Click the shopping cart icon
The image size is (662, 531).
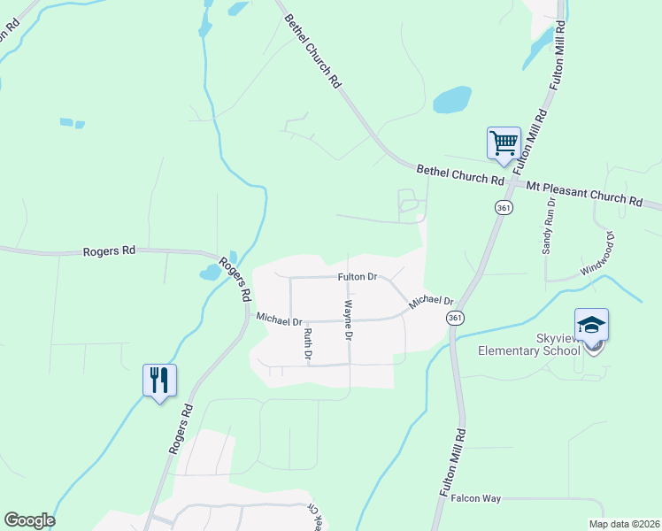(x=504, y=142)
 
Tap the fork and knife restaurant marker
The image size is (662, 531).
(x=159, y=381)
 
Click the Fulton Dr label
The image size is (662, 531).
(x=358, y=277)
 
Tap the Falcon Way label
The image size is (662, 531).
(x=476, y=498)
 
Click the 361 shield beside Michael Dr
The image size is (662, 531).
(x=455, y=318)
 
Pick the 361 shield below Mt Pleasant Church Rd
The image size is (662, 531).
(x=504, y=207)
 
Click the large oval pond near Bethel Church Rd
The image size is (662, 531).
(x=452, y=99)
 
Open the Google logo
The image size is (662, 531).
(x=29, y=520)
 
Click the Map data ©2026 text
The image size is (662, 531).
(x=623, y=524)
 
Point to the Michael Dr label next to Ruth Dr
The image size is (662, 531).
(x=280, y=317)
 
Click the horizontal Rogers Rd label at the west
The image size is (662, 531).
(x=109, y=251)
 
